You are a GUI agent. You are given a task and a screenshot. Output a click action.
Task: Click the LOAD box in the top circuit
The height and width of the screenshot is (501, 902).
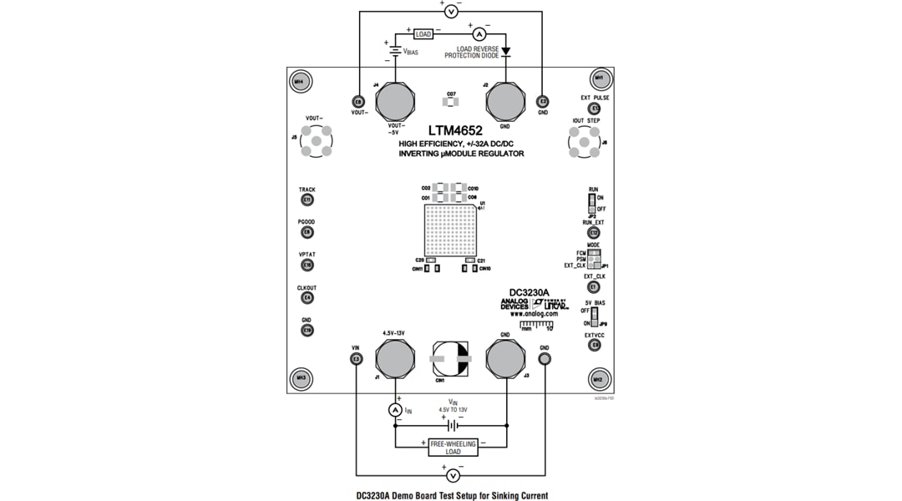click(423, 34)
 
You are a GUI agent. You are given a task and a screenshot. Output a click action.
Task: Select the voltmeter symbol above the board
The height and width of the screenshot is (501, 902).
click(451, 11)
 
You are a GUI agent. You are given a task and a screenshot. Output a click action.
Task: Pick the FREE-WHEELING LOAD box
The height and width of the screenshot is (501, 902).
click(453, 448)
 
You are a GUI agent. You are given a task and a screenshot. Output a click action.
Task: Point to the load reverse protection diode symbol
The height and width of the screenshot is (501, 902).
click(506, 52)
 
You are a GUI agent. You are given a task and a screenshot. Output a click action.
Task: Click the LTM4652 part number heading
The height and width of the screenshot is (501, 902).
click(455, 131)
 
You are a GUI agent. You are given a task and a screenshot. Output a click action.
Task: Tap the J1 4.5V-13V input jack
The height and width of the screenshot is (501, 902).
click(395, 359)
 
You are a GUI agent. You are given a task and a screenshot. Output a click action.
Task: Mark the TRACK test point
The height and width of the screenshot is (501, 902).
click(307, 200)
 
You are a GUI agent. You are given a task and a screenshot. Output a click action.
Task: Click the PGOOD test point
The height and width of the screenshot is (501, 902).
click(307, 232)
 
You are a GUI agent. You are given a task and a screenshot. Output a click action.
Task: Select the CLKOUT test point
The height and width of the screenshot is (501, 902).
click(307, 298)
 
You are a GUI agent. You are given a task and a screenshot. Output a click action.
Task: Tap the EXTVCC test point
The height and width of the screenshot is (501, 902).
click(595, 345)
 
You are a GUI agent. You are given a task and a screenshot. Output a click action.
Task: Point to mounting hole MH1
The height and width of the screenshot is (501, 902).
click(598, 80)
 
